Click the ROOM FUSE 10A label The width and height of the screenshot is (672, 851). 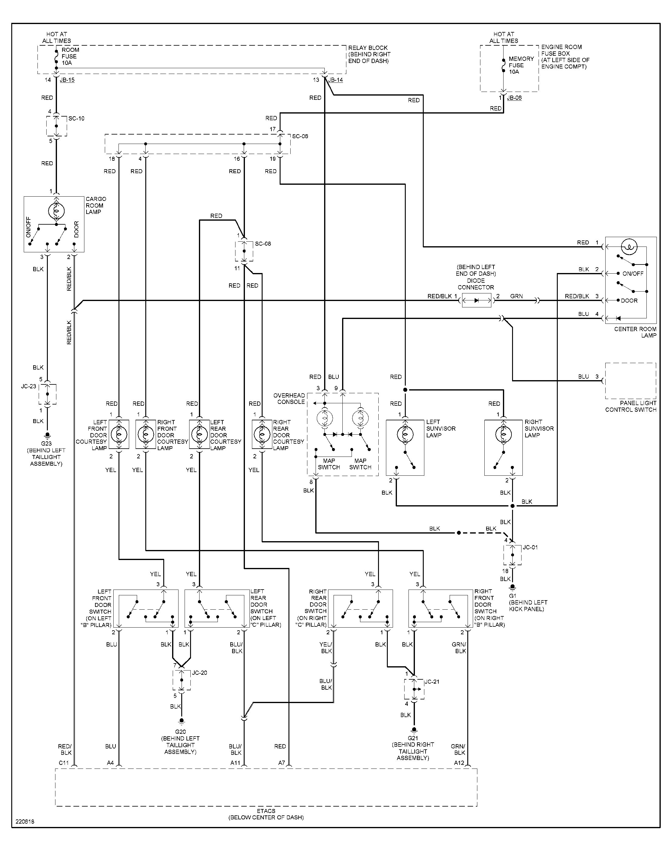tap(70, 56)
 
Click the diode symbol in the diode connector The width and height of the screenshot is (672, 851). tap(476, 301)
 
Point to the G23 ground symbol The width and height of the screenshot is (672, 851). tap(47, 435)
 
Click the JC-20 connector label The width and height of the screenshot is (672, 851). tap(200, 673)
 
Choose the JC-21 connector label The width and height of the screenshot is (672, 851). tap(432, 681)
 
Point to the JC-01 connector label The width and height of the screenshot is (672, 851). tap(530, 547)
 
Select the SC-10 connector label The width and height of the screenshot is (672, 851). tap(76, 118)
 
